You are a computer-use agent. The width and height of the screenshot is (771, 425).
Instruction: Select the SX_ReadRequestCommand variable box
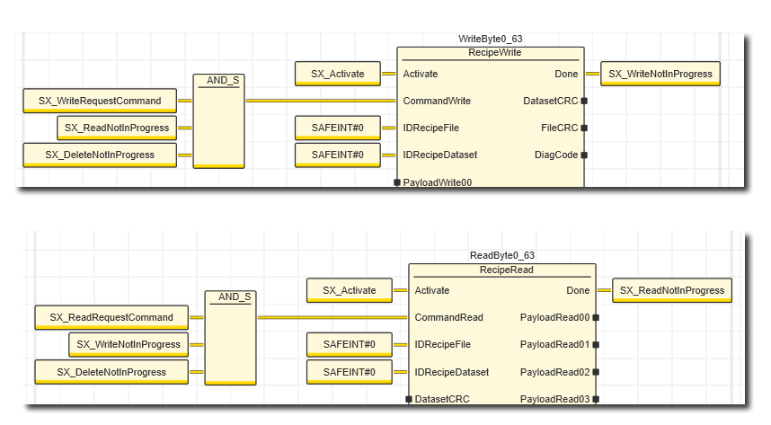(x=111, y=317)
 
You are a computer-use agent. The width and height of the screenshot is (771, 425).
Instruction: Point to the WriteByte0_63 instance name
(x=490, y=39)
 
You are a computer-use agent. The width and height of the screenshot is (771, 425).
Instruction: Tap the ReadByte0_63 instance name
(x=502, y=255)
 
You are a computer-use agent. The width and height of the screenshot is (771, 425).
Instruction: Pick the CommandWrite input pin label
(x=437, y=101)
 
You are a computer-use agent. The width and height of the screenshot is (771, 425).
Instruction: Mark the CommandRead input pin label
(x=448, y=317)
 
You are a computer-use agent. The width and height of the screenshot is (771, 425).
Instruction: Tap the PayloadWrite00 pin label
(x=438, y=182)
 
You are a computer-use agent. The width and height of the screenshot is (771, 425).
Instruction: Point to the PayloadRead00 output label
(x=554, y=317)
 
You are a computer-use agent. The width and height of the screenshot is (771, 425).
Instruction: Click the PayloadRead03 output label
(x=554, y=398)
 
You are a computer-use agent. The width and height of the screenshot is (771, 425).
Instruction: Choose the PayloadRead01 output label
(x=554, y=344)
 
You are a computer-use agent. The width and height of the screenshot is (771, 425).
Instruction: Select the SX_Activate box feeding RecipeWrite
(x=337, y=74)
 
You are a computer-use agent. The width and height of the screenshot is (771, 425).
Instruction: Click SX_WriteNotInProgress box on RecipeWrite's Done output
(x=660, y=74)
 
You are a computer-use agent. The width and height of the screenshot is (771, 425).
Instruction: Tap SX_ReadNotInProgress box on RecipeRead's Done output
(x=672, y=290)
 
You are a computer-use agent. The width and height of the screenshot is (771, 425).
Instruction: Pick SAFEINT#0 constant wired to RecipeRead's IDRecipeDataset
(x=350, y=371)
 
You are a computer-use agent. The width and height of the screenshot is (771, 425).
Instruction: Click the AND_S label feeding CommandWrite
(x=223, y=80)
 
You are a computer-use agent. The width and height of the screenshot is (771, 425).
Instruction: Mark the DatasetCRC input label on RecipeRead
(x=442, y=398)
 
